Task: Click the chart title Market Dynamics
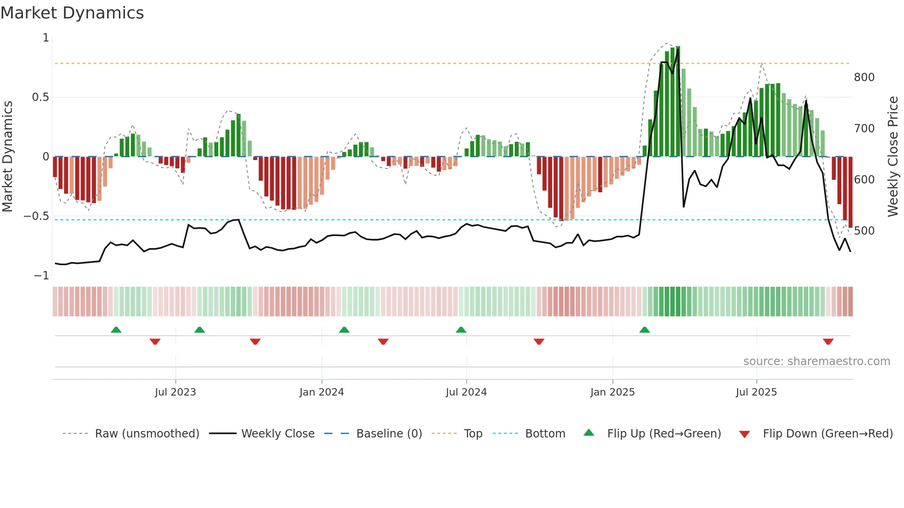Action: (72, 13)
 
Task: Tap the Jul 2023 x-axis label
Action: (175, 392)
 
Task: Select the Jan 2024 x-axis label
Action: (321, 392)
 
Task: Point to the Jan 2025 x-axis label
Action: (613, 392)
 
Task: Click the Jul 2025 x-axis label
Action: (756, 392)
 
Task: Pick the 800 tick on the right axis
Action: (864, 77)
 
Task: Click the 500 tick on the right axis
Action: (864, 231)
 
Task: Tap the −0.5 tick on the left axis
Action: (36, 216)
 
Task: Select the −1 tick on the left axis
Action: (41, 276)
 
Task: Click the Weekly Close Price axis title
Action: (893, 157)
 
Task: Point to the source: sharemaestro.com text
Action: (816, 361)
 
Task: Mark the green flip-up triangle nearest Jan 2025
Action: (644, 330)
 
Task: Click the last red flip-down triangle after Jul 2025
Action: (828, 342)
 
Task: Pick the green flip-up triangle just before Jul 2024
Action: (461, 330)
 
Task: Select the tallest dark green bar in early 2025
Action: (678, 101)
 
